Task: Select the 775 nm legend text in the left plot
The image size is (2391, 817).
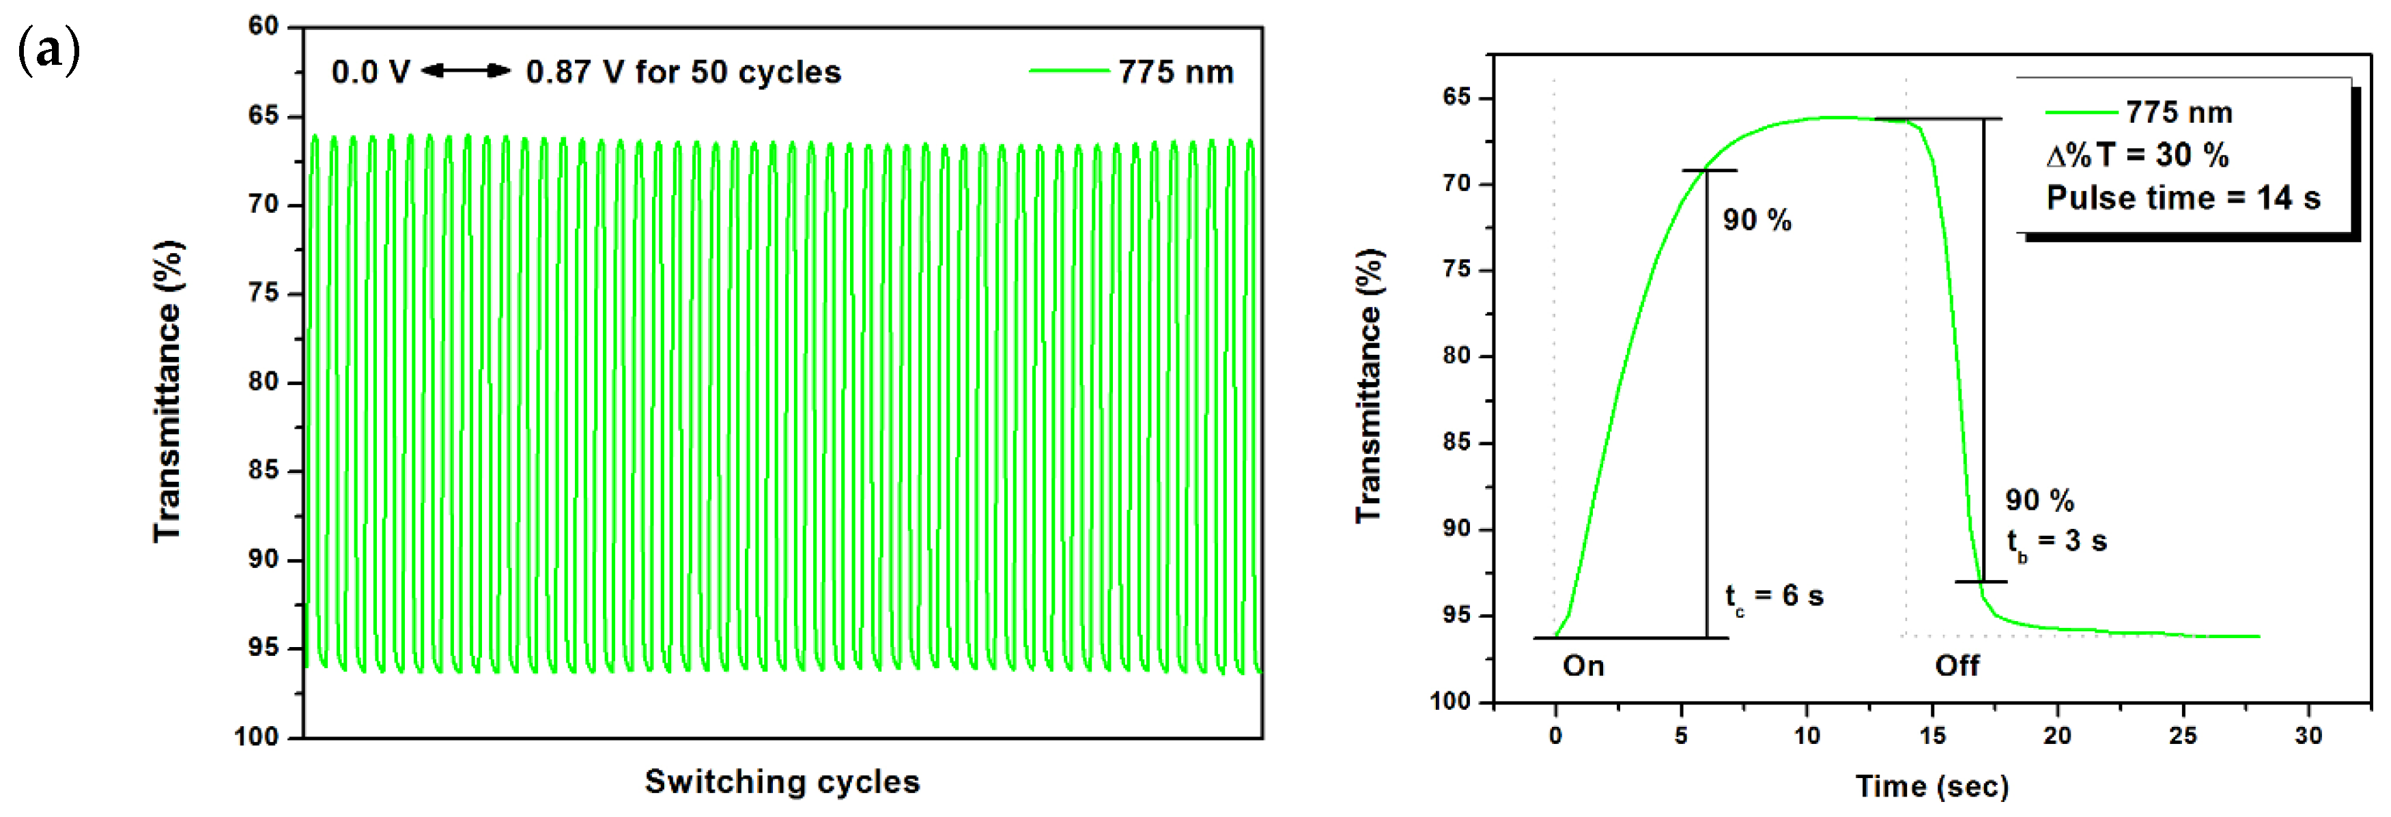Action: (x=1175, y=72)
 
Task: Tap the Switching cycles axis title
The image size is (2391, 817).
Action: (x=782, y=782)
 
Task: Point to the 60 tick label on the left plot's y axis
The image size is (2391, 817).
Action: (x=264, y=26)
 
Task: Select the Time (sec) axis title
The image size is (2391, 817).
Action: (x=1932, y=787)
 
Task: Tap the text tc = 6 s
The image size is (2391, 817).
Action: (x=1774, y=596)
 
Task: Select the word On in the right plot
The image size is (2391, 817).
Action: (x=1583, y=665)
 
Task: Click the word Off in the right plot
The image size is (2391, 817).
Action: (x=1957, y=665)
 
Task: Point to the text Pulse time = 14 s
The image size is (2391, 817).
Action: (x=2183, y=198)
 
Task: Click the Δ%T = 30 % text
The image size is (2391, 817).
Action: (x=2138, y=155)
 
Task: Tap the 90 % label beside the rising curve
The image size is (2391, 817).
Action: (x=1757, y=220)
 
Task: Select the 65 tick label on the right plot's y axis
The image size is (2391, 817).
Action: (x=1456, y=98)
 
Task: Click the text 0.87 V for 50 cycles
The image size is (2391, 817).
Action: (x=683, y=72)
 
